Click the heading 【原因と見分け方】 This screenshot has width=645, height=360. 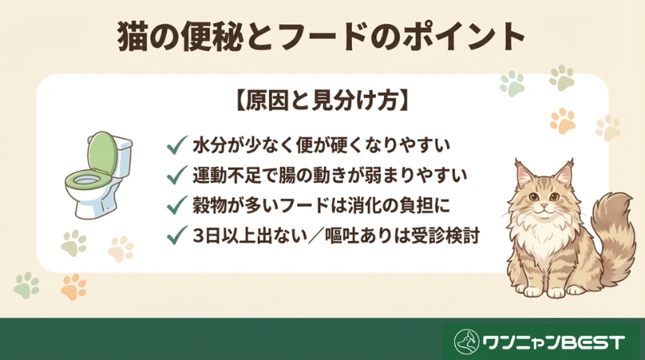point(322,102)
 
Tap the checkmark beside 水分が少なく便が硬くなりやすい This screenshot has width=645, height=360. point(176,147)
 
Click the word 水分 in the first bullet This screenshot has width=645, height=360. point(209,147)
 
